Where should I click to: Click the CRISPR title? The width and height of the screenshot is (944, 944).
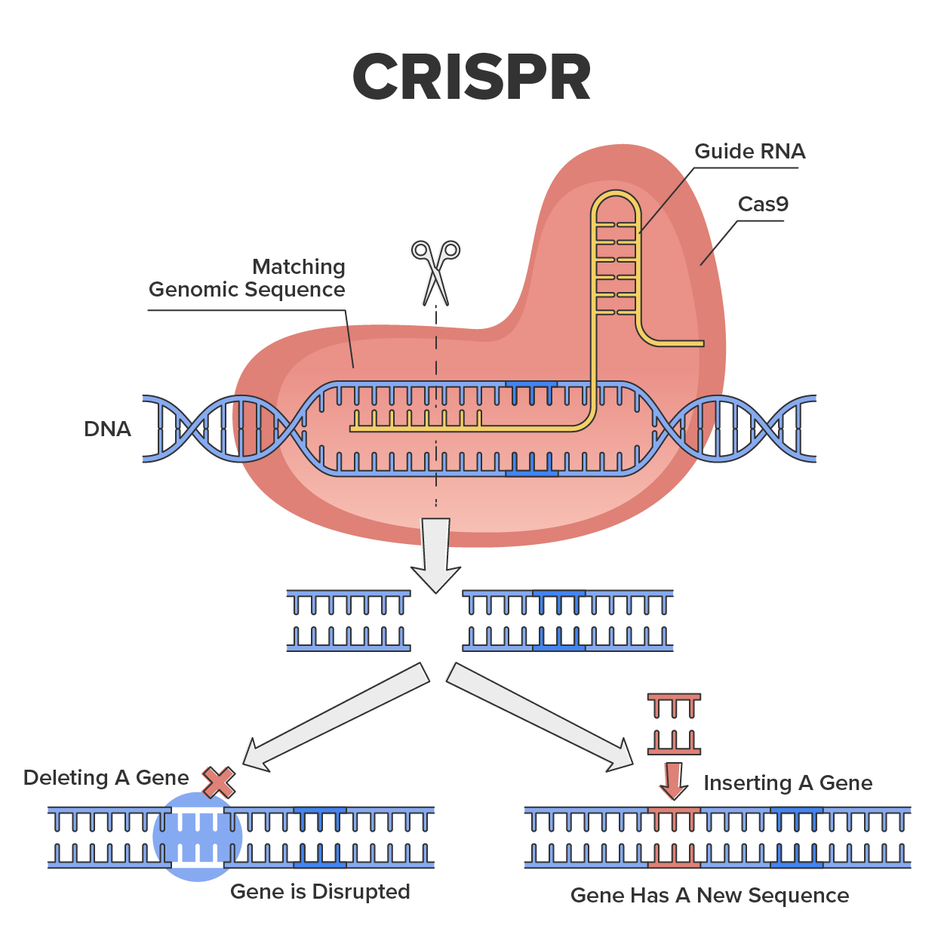(472, 77)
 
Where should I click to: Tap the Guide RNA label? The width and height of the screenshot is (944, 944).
(749, 152)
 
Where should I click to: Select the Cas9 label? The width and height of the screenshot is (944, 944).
(763, 204)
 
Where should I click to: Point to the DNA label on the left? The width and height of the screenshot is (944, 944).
(107, 429)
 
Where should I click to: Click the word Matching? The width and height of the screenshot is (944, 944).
(299, 267)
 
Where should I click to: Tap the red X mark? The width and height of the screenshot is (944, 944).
(219, 783)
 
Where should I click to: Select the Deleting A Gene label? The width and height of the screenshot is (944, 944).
(106, 778)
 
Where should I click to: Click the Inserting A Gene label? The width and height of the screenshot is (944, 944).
(787, 783)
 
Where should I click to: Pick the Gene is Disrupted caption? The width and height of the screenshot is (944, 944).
(320, 892)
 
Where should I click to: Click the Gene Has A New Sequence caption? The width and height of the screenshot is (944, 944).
(709, 896)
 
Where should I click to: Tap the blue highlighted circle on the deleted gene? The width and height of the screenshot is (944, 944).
(198, 837)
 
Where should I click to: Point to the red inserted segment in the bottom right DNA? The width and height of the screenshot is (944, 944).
(674, 837)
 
